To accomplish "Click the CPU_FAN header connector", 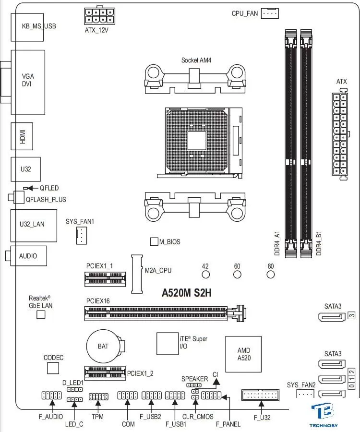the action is pyautogui.click(x=270, y=13).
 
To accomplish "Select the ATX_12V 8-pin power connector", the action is pyautogui.click(x=99, y=16).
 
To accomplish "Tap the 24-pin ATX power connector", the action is pyautogui.click(x=340, y=134).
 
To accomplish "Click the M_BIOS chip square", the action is pyautogui.click(x=154, y=241).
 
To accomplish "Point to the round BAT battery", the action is pyautogui.click(x=103, y=346).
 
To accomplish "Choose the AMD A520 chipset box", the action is pyautogui.click(x=243, y=354).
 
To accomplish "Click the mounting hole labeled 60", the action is pyautogui.click(x=237, y=275).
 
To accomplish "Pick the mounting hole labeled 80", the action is pyautogui.click(x=271, y=275).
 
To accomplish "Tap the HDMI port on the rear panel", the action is pyautogui.click(x=22, y=136).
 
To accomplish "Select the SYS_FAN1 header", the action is pyautogui.click(x=82, y=236).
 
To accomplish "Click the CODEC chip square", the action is pyautogui.click(x=53, y=368).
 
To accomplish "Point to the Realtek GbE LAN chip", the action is pyautogui.click(x=41, y=314).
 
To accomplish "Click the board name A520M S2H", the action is pyautogui.click(x=186, y=293).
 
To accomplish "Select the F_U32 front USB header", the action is pyautogui.click(x=260, y=395).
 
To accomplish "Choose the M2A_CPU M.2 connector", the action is pyautogui.click(x=137, y=274).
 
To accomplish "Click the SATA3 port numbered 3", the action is pyautogui.click(x=332, y=317).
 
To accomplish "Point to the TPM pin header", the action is pyautogui.click(x=98, y=396).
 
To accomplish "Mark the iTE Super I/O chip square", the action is pyautogui.click(x=168, y=344).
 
